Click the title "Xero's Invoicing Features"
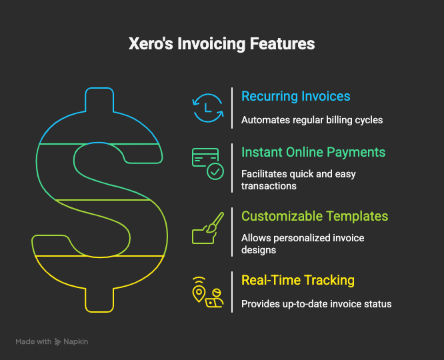pyautogui.click(x=222, y=45)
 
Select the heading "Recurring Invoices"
pyautogui.click(x=295, y=96)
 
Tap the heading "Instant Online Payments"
pyautogui.click(x=313, y=153)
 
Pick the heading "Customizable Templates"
pyautogui.click(x=315, y=217)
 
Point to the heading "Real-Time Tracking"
pyautogui.click(x=297, y=280)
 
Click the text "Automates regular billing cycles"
pyautogui.click(x=312, y=121)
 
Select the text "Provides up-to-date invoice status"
pyautogui.click(x=316, y=304)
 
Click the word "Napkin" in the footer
pyautogui.click(x=75, y=341)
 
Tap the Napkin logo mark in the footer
pyautogui.click(x=58, y=341)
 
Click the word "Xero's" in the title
pyautogui.click(x=149, y=45)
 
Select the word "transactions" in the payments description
pyautogui.click(x=269, y=186)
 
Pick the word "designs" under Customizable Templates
pyautogui.click(x=259, y=250)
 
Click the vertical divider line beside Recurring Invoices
pyautogui.click(x=231, y=107)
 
